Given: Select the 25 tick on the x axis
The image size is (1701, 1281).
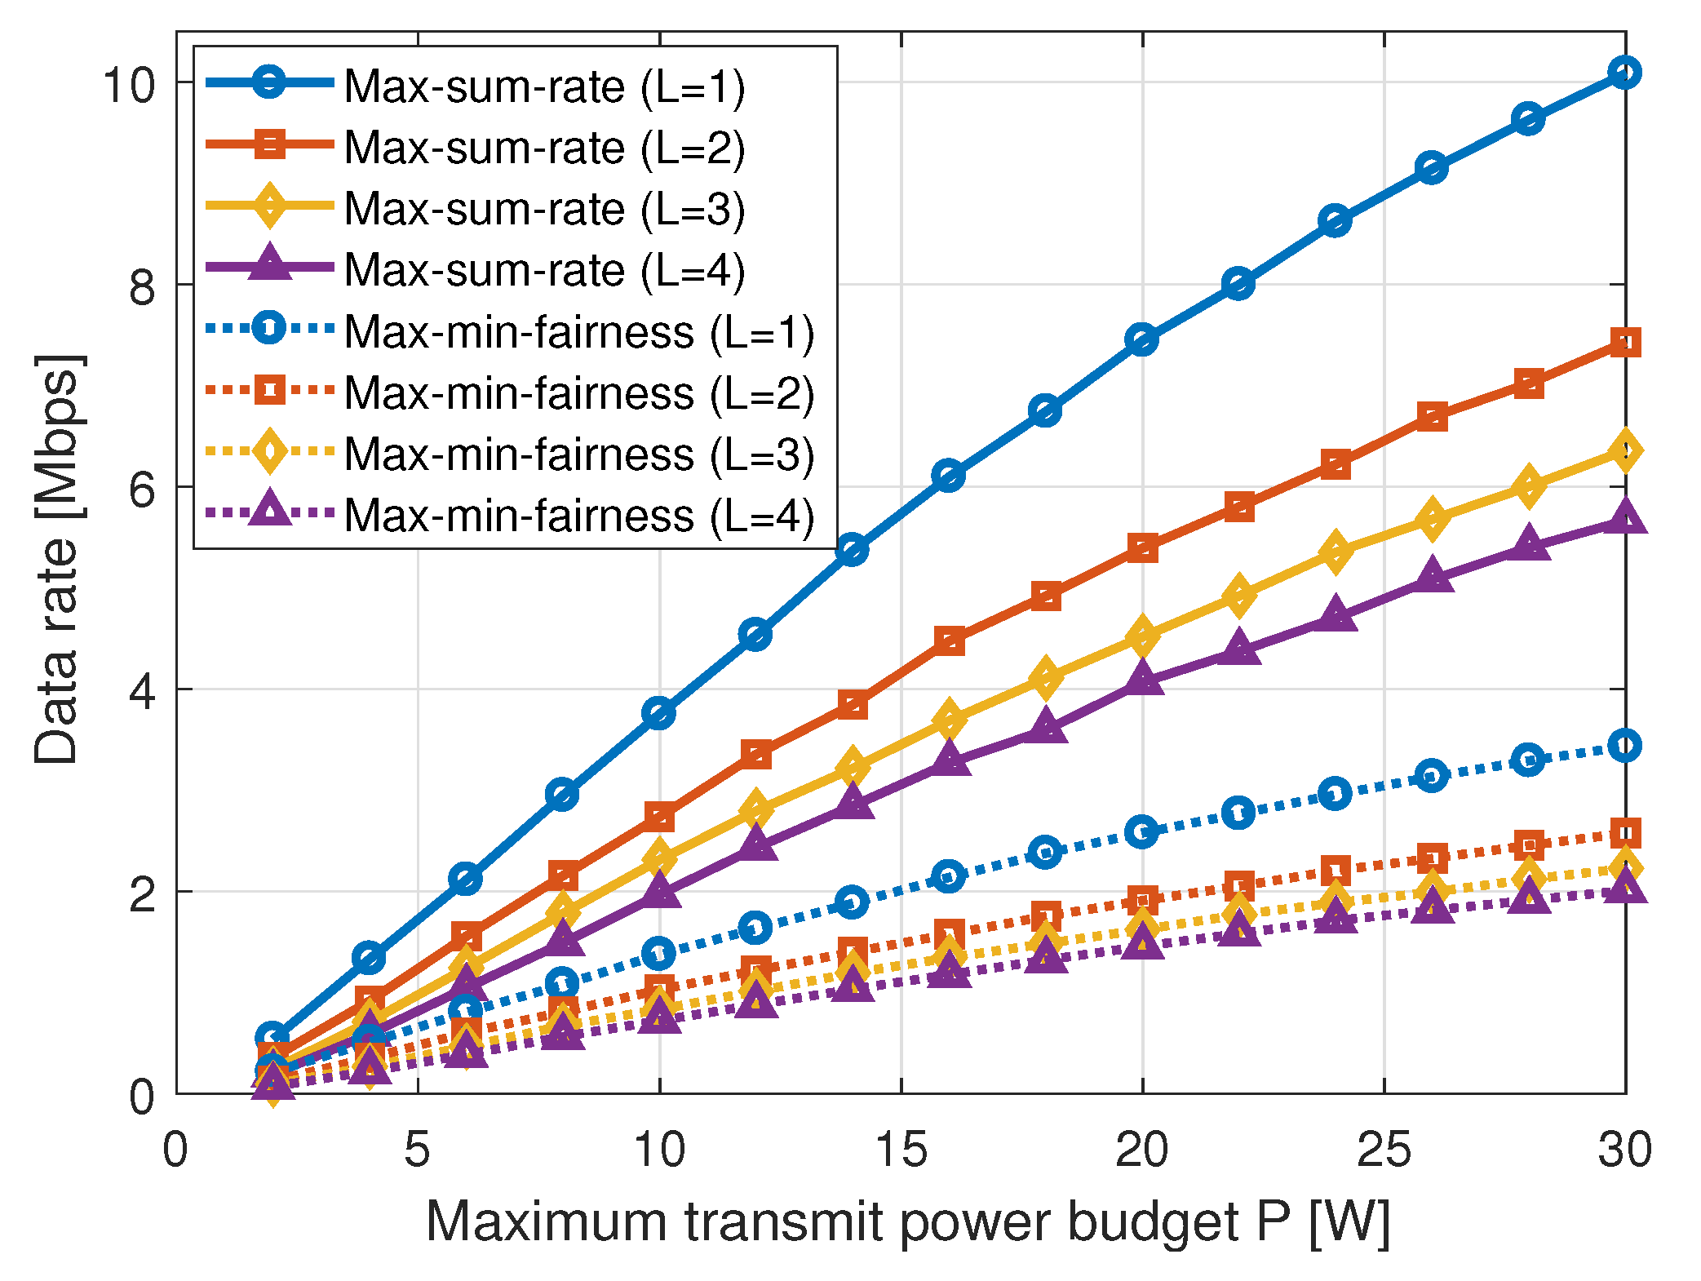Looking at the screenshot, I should [1384, 1150].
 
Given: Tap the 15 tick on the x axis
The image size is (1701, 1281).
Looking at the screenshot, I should [901, 1150].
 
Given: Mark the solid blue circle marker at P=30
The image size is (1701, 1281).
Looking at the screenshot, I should [1625, 73].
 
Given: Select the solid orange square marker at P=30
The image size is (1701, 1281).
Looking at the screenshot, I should [1625, 343].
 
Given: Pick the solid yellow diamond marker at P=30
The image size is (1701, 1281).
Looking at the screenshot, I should [1625, 451].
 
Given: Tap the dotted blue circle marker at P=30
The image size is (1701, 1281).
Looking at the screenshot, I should [1625, 746].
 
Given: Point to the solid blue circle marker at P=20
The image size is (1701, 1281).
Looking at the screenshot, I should [1142, 339].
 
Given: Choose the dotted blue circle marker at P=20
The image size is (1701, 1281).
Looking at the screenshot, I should [1142, 832].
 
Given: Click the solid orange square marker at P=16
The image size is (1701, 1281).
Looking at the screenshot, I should [949, 641].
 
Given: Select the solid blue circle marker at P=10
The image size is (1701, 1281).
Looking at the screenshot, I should [659, 713].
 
